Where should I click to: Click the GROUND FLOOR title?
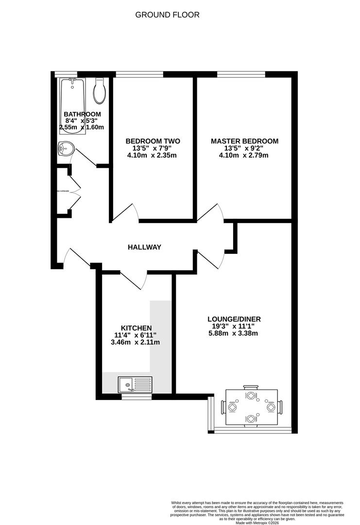point(167,15)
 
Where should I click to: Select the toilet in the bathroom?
point(100,91)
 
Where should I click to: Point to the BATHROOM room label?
point(82,114)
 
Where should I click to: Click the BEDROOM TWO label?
point(152,141)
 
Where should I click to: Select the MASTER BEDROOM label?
point(244,141)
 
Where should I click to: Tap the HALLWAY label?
point(144,247)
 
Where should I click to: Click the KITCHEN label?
point(136,328)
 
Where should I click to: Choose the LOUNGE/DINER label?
point(234,319)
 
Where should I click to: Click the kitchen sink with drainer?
point(135,385)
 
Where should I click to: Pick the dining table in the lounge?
point(251,406)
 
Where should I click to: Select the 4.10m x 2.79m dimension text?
point(244,156)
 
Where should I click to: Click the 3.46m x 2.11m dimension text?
point(136,342)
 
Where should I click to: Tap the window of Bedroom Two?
point(139,74)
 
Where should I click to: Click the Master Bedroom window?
point(241,74)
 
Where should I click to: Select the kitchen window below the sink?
point(136,397)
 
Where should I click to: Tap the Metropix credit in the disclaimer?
point(260,523)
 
